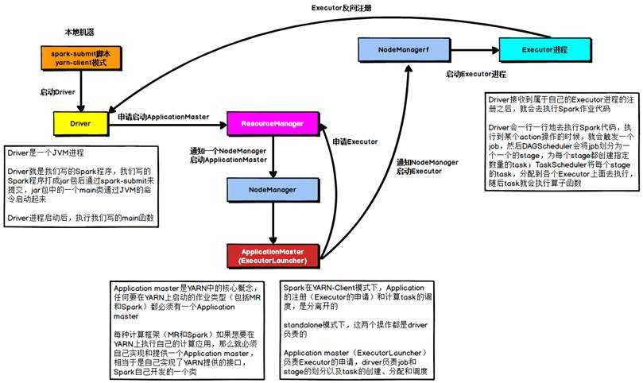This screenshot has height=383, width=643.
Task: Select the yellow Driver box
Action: click(x=80, y=124)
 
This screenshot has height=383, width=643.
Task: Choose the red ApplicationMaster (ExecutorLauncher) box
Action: click(x=274, y=256)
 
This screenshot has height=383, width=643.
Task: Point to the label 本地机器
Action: click(x=79, y=32)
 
